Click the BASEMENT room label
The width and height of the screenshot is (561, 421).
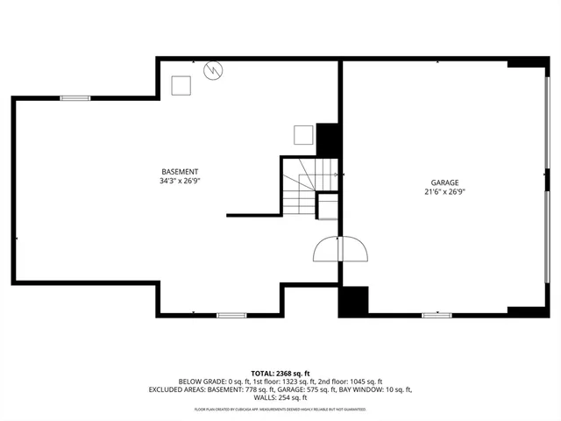(180, 171)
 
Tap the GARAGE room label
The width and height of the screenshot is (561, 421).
(444, 182)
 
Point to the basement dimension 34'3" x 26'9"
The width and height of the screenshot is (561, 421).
(180, 181)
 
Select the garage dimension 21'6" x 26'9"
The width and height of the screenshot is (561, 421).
(444, 192)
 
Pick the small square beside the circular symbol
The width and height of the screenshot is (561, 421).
(181, 85)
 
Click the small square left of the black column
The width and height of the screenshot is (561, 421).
(303, 134)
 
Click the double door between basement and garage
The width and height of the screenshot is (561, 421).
(339, 249)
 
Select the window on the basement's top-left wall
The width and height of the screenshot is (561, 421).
(75, 98)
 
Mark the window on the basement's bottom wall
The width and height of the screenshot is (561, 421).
(231, 314)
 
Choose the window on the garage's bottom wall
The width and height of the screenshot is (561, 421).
(436, 314)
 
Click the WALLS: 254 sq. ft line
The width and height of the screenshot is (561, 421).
(280, 398)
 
